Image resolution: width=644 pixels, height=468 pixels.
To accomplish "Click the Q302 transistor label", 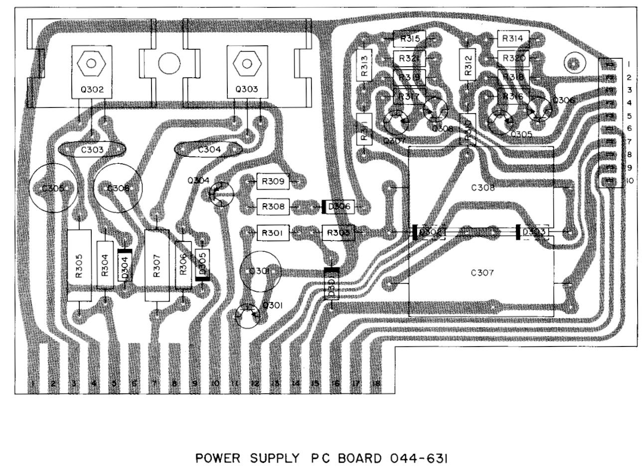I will click(91, 90).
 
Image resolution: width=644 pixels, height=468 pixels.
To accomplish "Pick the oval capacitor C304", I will click(208, 149).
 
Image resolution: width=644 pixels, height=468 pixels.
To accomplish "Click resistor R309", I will click(272, 182).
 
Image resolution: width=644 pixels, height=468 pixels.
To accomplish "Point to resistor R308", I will click(272, 205).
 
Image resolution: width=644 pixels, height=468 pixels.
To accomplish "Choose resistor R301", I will click(272, 233).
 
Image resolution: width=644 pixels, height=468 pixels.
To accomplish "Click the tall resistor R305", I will click(79, 265).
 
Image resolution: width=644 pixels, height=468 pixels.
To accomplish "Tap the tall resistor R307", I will click(157, 265).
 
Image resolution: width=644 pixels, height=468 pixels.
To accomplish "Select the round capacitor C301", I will click(260, 271).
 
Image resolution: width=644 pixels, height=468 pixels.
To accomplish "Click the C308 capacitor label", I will click(483, 188).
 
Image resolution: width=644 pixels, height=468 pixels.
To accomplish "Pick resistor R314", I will click(512, 38).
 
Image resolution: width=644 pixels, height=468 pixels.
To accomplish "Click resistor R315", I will click(409, 38).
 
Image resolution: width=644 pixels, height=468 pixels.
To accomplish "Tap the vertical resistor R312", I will click(468, 64).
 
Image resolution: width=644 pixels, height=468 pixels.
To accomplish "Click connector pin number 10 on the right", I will click(629, 181).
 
